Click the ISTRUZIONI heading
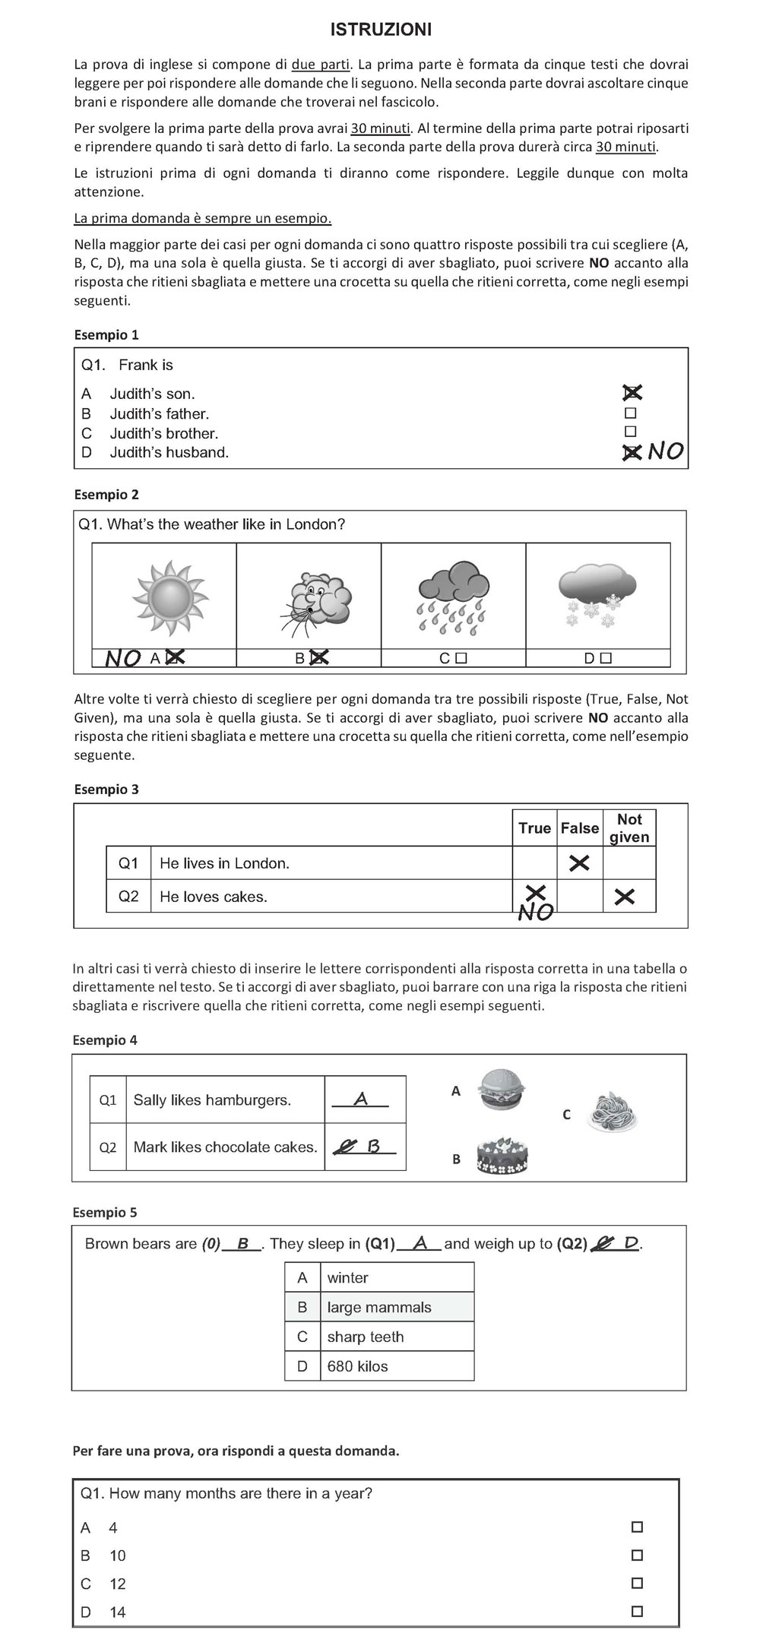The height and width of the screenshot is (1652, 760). [381, 30]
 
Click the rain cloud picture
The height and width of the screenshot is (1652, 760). [454, 597]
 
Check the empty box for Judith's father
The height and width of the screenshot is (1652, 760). [630, 413]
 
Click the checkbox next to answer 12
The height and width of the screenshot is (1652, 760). [637, 1583]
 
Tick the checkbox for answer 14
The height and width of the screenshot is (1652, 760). [637, 1611]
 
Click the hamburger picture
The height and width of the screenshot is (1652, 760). [502, 1090]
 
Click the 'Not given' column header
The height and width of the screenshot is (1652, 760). [629, 828]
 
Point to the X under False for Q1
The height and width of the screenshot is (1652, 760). [579, 862]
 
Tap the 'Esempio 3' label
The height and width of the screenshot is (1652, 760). [106, 789]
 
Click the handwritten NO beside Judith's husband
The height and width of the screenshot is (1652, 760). [666, 451]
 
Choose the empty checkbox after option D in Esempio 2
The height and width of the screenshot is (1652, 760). [606, 658]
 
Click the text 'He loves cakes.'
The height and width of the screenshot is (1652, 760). [214, 897]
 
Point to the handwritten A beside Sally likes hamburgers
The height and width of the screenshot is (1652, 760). [361, 1099]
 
